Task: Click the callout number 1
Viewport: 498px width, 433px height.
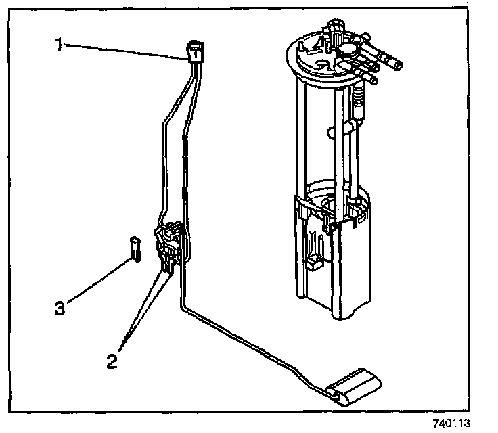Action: [x=59, y=45]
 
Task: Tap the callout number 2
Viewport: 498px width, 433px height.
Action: [x=112, y=359]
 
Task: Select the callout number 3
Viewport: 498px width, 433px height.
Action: [x=60, y=308]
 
